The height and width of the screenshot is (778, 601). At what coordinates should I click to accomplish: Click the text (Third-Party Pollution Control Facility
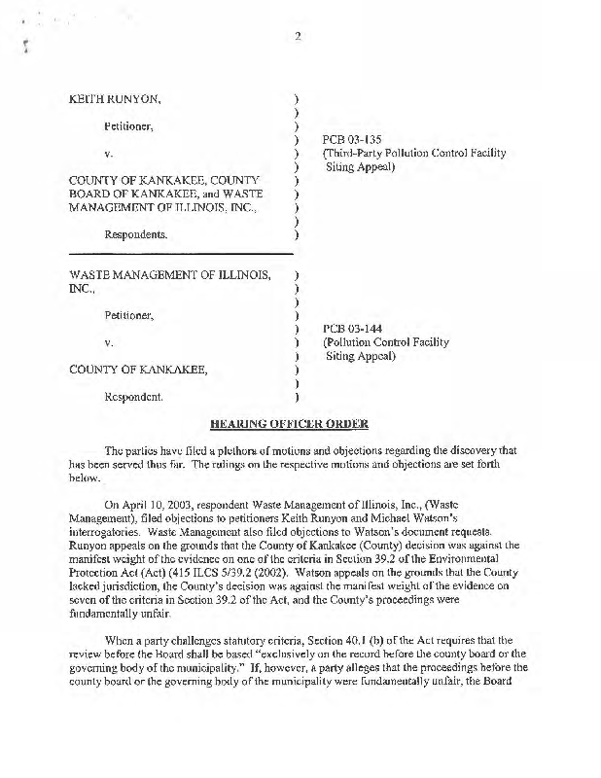(x=414, y=154)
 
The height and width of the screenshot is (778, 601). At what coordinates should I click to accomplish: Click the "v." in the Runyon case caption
(x=109, y=154)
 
